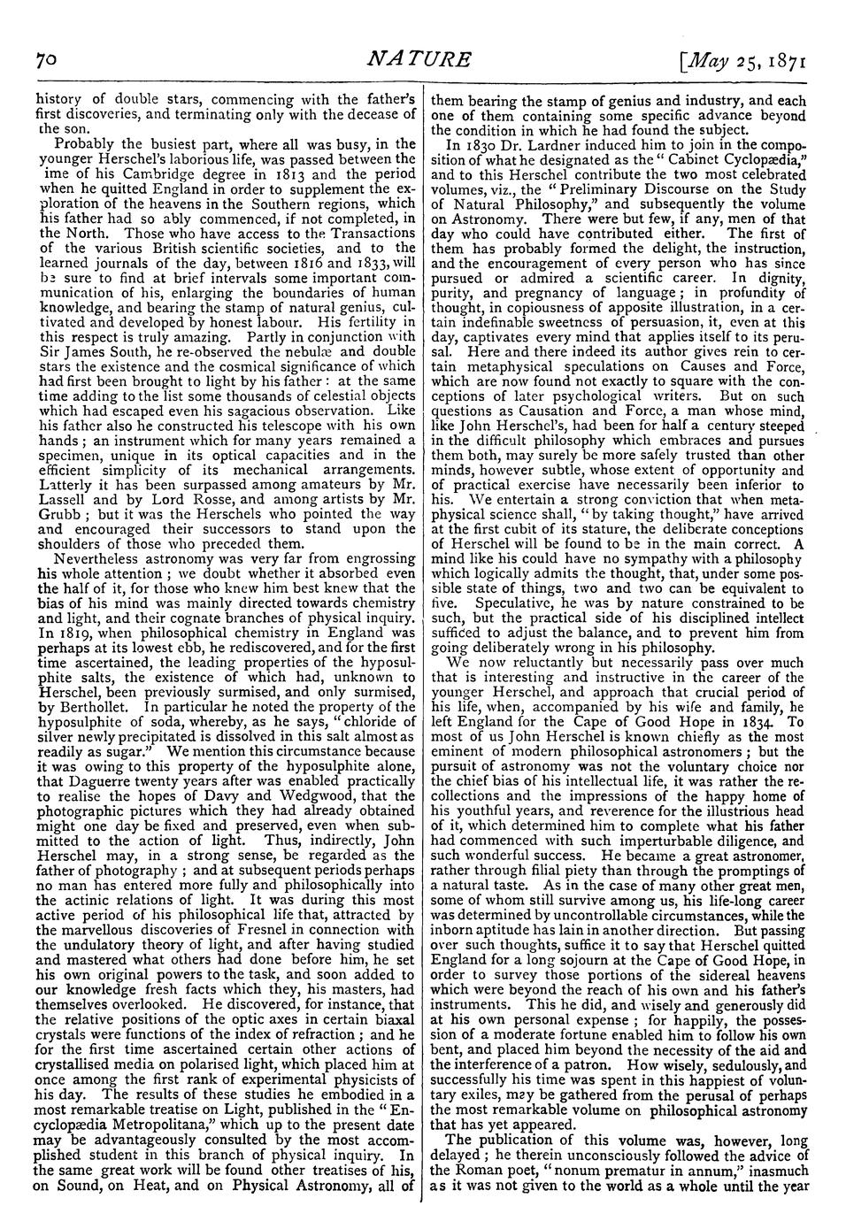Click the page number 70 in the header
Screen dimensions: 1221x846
click(x=45, y=61)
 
